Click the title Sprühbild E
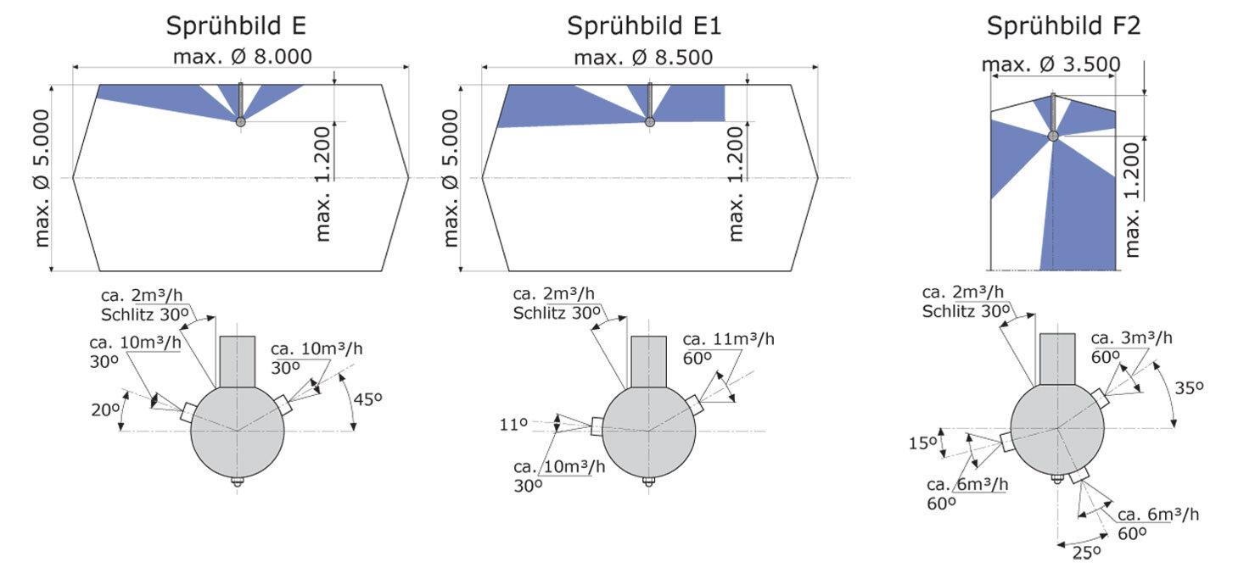(x=236, y=26)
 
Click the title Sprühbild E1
(x=644, y=26)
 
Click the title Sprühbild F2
(x=1063, y=26)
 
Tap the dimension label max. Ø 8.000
(x=242, y=57)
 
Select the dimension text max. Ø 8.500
(x=643, y=57)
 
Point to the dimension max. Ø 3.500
(x=1051, y=64)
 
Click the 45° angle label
(x=367, y=399)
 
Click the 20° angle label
(x=104, y=409)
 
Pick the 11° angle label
(x=513, y=424)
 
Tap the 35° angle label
(x=1189, y=387)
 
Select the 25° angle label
(x=1086, y=553)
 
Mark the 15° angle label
(x=922, y=443)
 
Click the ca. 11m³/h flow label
(x=728, y=339)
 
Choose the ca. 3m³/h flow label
(x=1132, y=338)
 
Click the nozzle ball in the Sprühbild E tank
(x=240, y=121)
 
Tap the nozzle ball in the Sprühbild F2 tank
(x=1053, y=136)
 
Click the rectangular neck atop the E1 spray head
(x=649, y=361)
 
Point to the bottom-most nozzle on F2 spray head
(x=1079, y=475)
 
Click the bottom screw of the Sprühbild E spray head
(x=237, y=481)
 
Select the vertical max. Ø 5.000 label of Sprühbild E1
(x=451, y=178)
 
